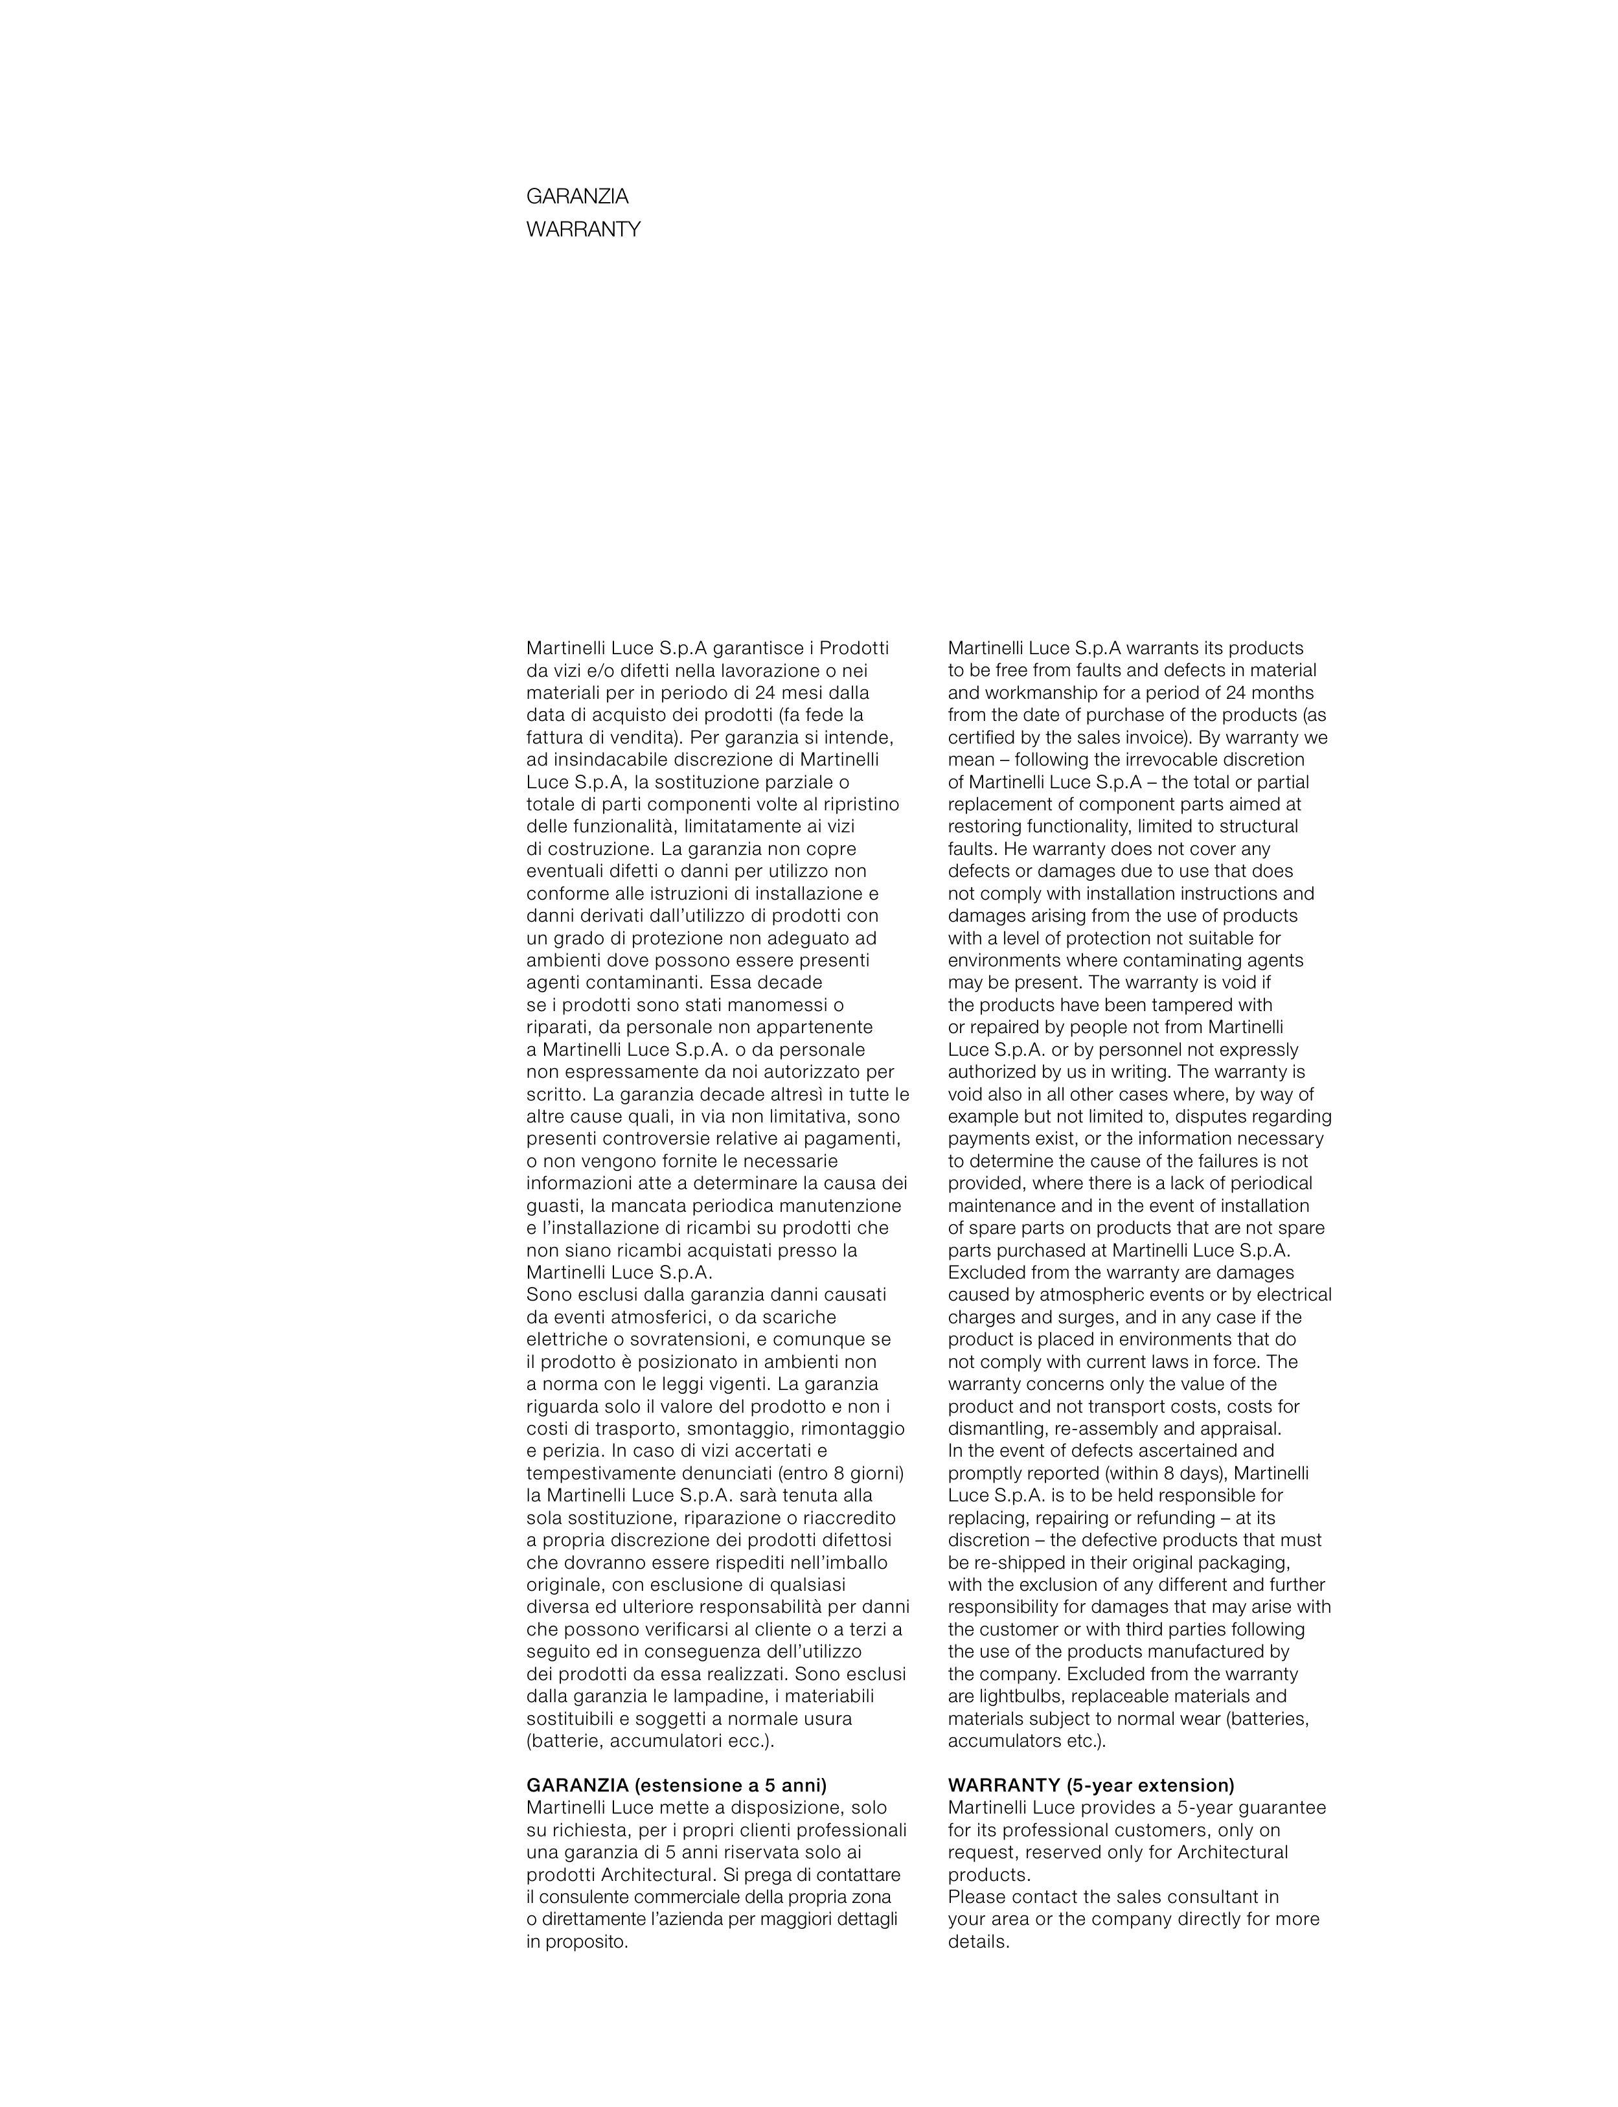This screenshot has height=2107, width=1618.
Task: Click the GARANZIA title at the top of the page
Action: tap(577, 196)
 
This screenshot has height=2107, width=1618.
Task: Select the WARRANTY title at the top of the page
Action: tap(583, 230)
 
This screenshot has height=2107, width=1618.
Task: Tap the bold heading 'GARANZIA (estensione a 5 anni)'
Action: tap(676, 1785)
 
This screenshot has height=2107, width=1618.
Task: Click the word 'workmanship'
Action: tap(1032, 693)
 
